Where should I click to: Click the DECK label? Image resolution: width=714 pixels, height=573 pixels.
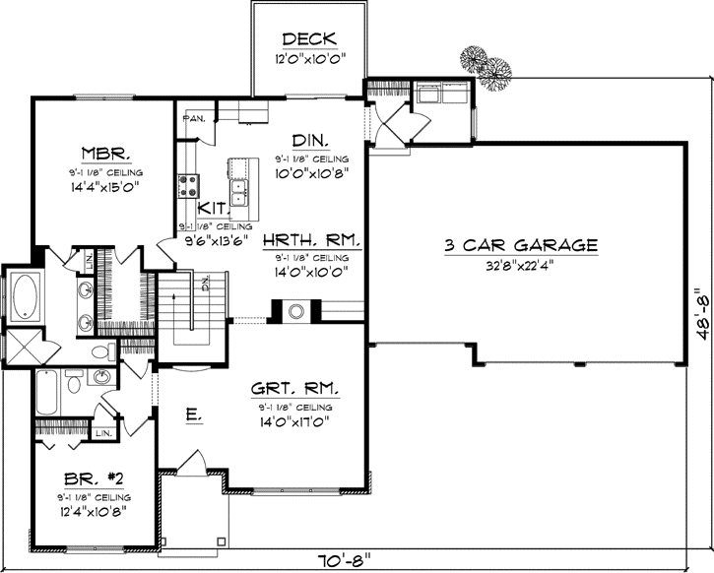point(309,39)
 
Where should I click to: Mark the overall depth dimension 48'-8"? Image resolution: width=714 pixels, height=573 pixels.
point(701,313)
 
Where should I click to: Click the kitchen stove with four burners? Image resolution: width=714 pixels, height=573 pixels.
point(188,185)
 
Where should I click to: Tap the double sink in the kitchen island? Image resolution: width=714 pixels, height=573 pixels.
point(238,185)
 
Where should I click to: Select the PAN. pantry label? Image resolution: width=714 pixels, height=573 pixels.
point(193,119)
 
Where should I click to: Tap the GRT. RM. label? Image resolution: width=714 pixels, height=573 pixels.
point(291,389)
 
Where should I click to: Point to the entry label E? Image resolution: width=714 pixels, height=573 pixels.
point(194,415)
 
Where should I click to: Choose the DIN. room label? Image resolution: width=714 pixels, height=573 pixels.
point(310,139)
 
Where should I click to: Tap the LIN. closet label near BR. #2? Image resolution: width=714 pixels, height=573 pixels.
point(103,431)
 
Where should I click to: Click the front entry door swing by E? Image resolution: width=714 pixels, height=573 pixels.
point(194,460)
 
